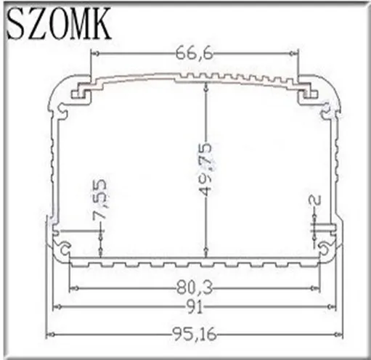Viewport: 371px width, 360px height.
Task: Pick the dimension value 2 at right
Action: point(314,200)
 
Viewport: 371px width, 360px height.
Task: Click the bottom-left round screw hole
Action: point(65,248)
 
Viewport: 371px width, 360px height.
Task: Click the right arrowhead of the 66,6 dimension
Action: point(295,53)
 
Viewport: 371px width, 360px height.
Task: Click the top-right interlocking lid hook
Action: point(311,92)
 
